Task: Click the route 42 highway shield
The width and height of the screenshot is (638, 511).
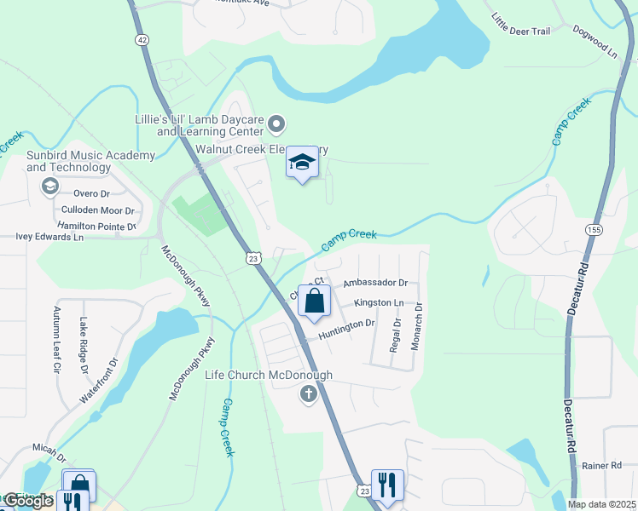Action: (142, 40)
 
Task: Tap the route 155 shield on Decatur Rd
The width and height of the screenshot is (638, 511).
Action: (593, 230)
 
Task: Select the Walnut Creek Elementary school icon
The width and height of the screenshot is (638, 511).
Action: (302, 163)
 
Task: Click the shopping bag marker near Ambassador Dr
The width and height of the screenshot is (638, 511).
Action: (314, 301)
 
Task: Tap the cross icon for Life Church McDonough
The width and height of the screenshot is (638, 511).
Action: (308, 394)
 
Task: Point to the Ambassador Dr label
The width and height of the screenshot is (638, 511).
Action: (375, 283)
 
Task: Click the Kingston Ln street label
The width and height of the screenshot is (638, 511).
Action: (379, 303)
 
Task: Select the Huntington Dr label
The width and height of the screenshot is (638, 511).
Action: (347, 330)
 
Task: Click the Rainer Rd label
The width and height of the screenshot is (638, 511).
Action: (609, 465)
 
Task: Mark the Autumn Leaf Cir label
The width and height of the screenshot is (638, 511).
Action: (57, 340)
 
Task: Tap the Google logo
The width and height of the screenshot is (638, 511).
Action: (27, 501)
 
